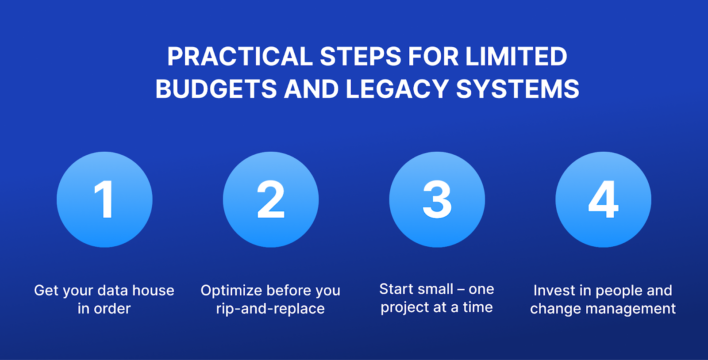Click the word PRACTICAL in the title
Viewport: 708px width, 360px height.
pyautogui.click(x=240, y=57)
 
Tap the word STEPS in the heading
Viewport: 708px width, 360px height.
pyautogui.click(x=360, y=57)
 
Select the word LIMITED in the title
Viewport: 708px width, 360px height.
pyautogui.click(x=516, y=57)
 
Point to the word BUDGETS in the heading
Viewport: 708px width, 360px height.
pyautogui.click(x=216, y=89)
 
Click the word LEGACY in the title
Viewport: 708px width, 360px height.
pyautogui.click(x=397, y=89)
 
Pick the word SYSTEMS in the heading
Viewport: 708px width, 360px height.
pyautogui.click(x=517, y=89)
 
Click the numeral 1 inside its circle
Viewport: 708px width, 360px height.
pyautogui.click(x=104, y=199)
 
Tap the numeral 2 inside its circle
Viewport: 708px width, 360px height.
pyautogui.click(x=271, y=199)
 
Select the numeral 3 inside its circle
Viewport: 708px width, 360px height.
pyautogui.click(x=437, y=199)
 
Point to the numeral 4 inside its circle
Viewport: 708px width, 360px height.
pyautogui.click(x=603, y=199)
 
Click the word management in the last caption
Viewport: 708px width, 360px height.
pyautogui.click(x=631, y=309)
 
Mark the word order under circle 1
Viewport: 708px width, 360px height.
pyautogui.click(x=112, y=309)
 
